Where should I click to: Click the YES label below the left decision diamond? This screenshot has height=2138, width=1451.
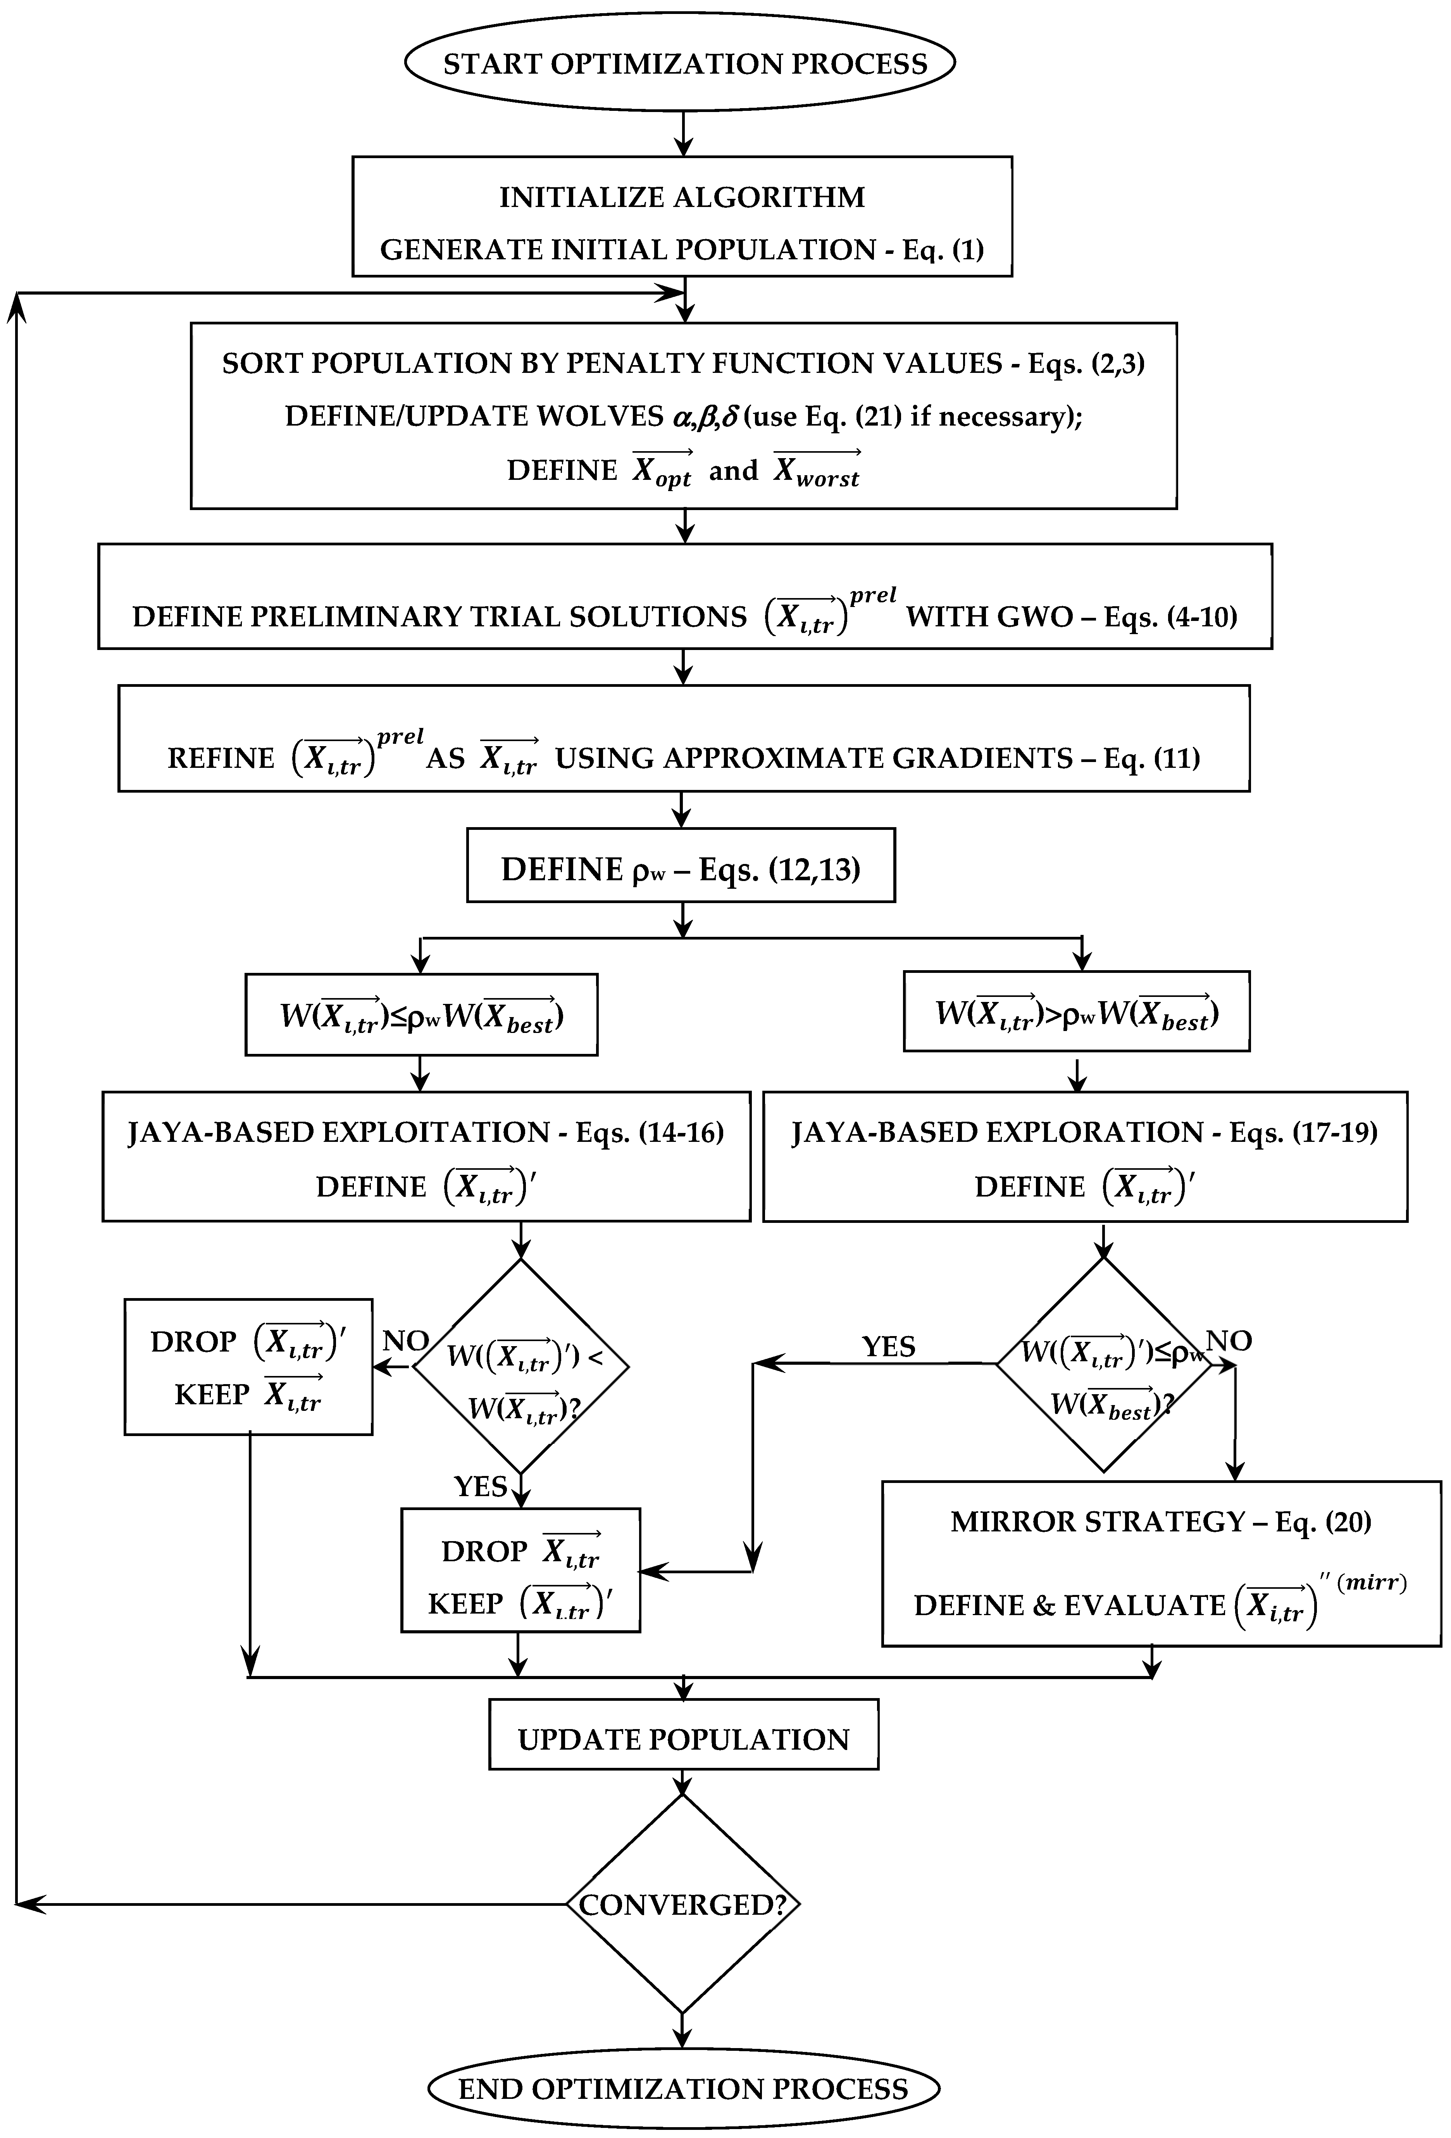click(x=480, y=1486)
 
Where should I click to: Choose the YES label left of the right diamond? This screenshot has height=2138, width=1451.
click(x=888, y=1347)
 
